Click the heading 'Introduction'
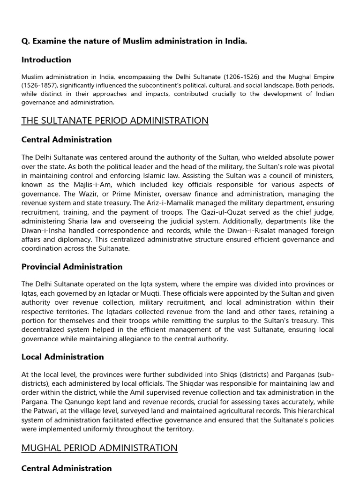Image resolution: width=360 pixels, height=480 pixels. (46, 60)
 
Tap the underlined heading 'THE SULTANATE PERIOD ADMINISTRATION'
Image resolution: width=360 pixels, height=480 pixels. (115, 120)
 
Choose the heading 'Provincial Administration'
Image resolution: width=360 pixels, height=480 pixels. (72, 267)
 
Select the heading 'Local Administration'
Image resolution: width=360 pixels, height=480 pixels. (62, 357)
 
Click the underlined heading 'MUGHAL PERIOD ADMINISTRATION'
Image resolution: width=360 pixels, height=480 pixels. (99, 448)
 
